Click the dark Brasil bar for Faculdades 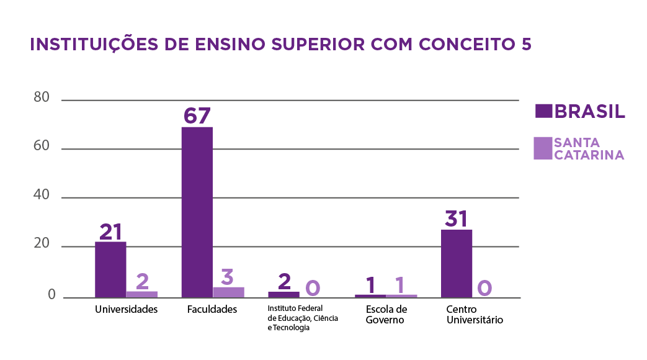tap(197, 212)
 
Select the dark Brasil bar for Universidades tap(110, 269)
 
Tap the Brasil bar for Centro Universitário tap(456, 263)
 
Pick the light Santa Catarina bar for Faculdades tap(228, 292)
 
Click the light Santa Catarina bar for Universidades tap(142, 294)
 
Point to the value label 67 tap(197, 116)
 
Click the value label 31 tap(456, 219)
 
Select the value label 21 tap(110, 232)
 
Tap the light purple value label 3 tap(227, 276)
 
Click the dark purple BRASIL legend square tap(543, 111)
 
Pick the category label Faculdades tap(212, 309)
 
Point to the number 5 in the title tap(527, 45)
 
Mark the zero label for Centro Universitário tap(484, 287)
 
